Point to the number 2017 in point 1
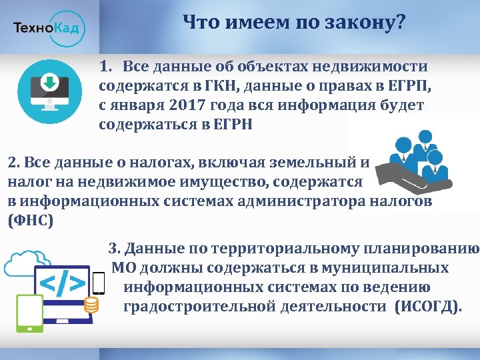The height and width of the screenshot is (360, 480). [x=183, y=105]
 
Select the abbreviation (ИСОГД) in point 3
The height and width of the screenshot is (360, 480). [x=427, y=306]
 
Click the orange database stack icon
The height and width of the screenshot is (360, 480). [x=91, y=305]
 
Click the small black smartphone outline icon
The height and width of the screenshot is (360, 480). [x=98, y=283]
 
